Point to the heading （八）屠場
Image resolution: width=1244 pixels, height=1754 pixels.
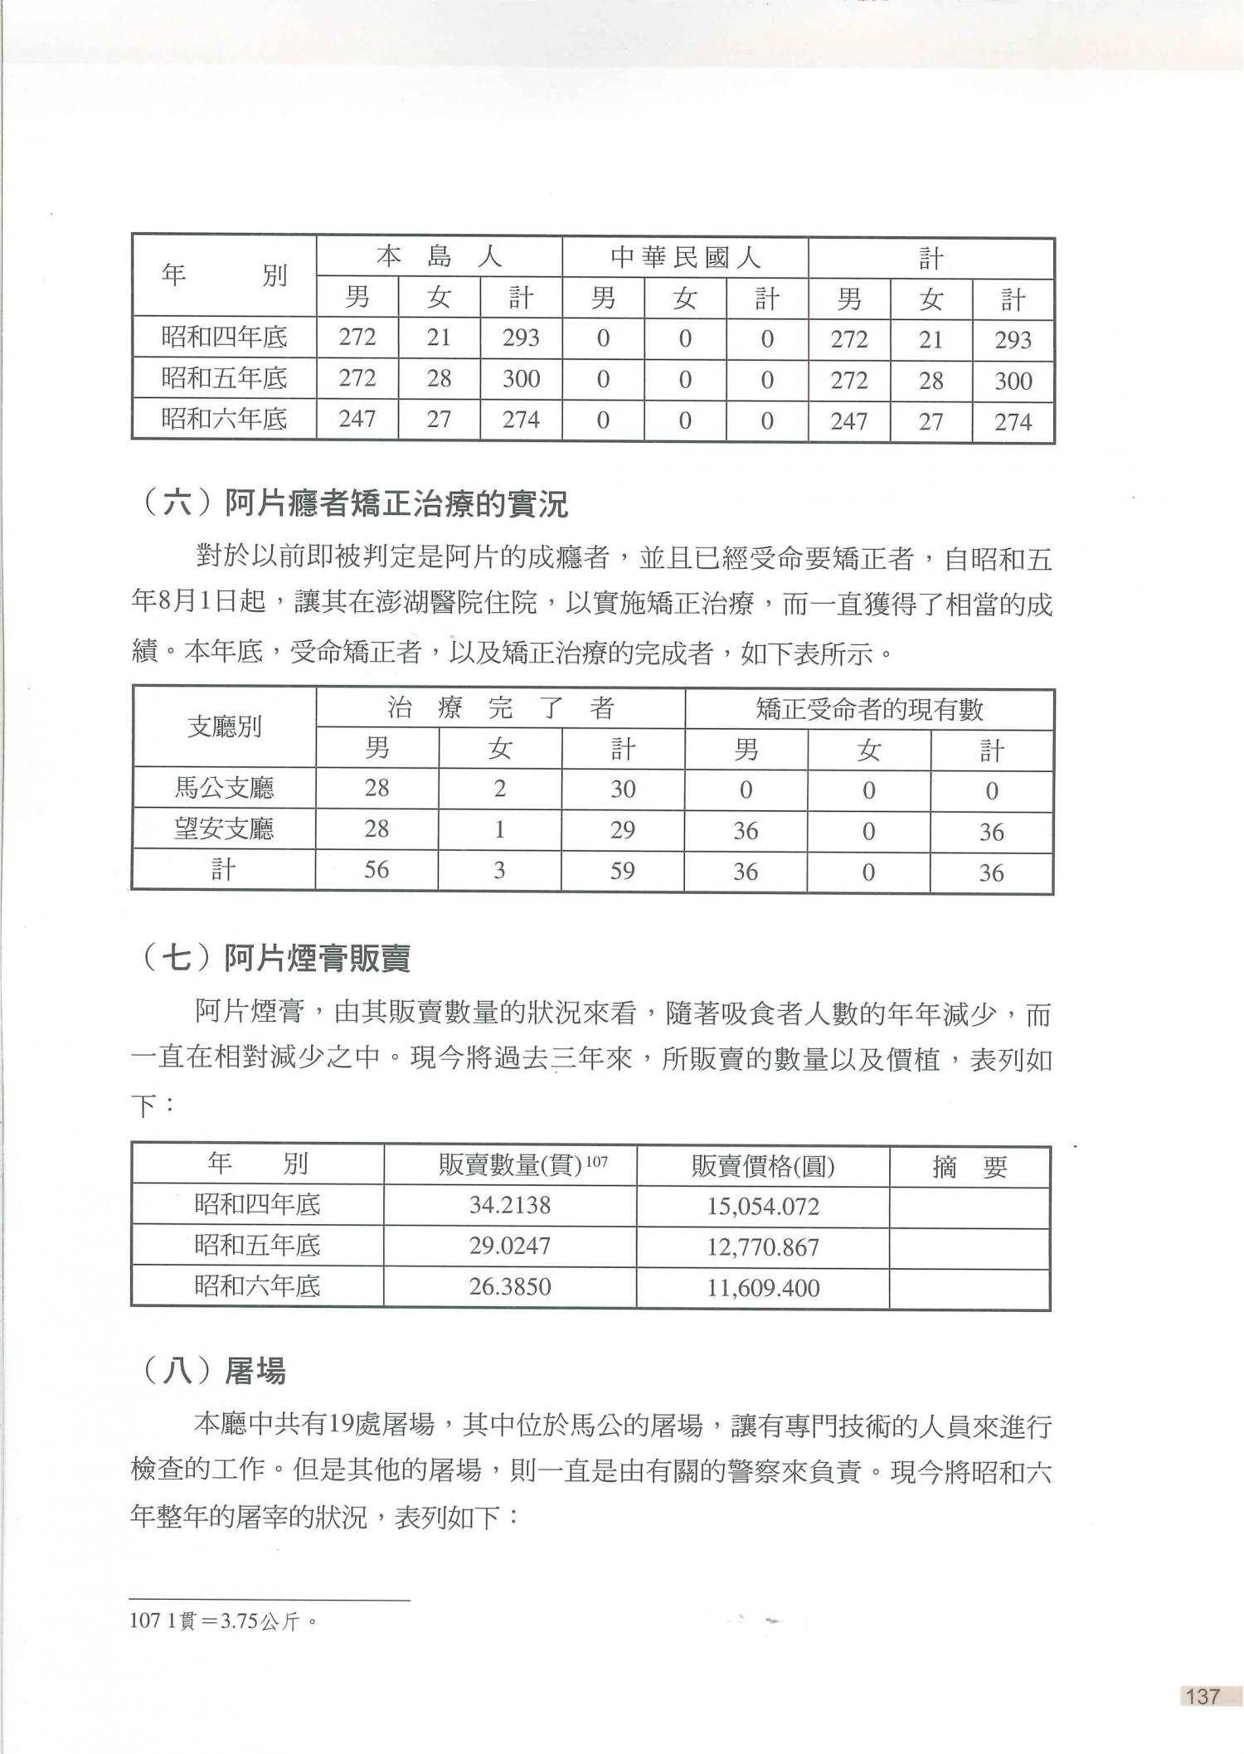214,1371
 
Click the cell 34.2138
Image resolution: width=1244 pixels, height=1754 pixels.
509,1204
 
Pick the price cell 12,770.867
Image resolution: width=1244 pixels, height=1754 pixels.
762,1246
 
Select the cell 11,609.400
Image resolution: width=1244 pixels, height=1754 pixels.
762,1288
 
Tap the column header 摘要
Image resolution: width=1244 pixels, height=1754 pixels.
969,1167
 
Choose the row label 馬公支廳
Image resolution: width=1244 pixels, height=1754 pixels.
224,788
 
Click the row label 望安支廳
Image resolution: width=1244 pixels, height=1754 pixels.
224,829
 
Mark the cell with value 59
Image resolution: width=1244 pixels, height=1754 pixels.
622,870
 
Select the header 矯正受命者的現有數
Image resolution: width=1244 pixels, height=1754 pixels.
868,709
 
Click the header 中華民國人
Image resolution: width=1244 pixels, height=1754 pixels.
685,258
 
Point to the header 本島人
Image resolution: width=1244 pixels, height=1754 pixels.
439,257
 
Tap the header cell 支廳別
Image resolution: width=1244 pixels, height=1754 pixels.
224,727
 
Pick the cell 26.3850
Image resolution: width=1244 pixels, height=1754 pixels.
509,1287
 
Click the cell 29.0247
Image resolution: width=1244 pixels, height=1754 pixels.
509,1246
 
